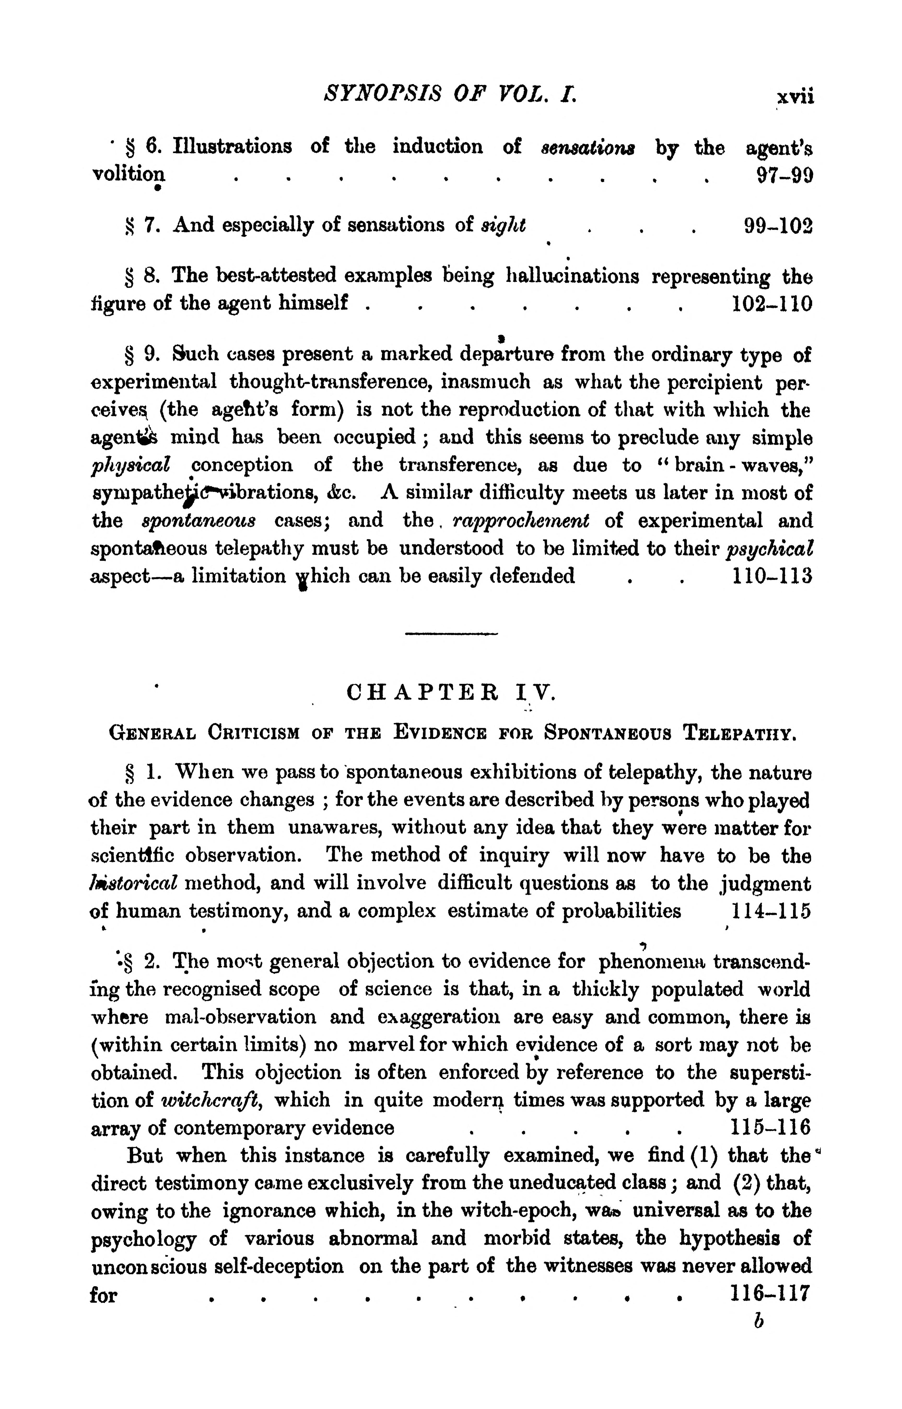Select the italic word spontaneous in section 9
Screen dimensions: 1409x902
(x=198, y=521)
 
